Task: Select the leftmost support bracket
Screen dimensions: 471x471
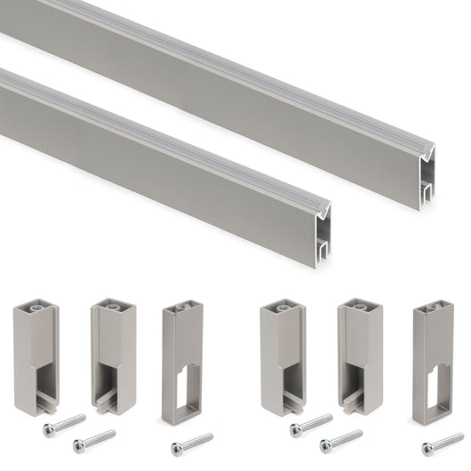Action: point(35,356)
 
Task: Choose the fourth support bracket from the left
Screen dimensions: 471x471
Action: point(282,356)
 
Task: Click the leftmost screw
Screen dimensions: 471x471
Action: point(64,425)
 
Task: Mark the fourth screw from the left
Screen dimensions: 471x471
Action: point(311,425)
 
